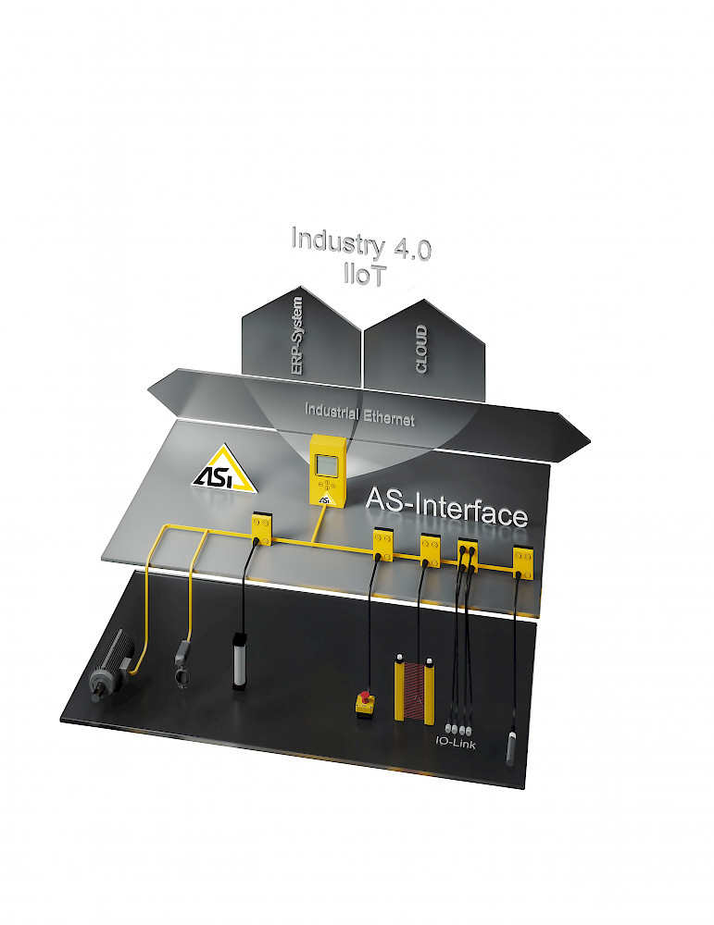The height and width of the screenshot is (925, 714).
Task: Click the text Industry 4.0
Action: pyautogui.click(x=361, y=243)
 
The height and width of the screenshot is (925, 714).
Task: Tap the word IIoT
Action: pyautogui.click(x=365, y=275)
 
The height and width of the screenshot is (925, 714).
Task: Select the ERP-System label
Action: pyautogui.click(x=297, y=336)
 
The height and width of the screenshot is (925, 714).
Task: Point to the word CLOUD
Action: pyautogui.click(x=421, y=349)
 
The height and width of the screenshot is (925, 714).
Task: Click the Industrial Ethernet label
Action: pyautogui.click(x=359, y=414)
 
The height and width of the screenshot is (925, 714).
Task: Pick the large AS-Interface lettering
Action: pyautogui.click(x=446, y=507)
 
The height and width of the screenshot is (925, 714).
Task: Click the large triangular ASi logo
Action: pyautogui.click(x=224, y=469)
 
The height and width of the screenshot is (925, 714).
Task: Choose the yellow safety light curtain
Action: pyautogui.click(x=414, y=688)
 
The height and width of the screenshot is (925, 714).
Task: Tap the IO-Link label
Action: pyautogui.click(x=456, y=744)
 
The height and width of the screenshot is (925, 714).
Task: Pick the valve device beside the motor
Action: pyautogui.click(x=182, y=665)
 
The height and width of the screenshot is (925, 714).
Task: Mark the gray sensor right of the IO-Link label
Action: pyautogui.click(x=511, y=748)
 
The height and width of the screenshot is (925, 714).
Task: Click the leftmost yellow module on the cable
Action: pyautogui.click(x=262, y=528)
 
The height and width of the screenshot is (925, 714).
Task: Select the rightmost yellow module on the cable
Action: pyautogui.click(x=522, y=562)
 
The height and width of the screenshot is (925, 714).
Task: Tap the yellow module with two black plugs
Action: pyautogui.click(x=468, y=555)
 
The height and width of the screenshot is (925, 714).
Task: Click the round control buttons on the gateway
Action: pyautogui.click(x=326, y=485)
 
